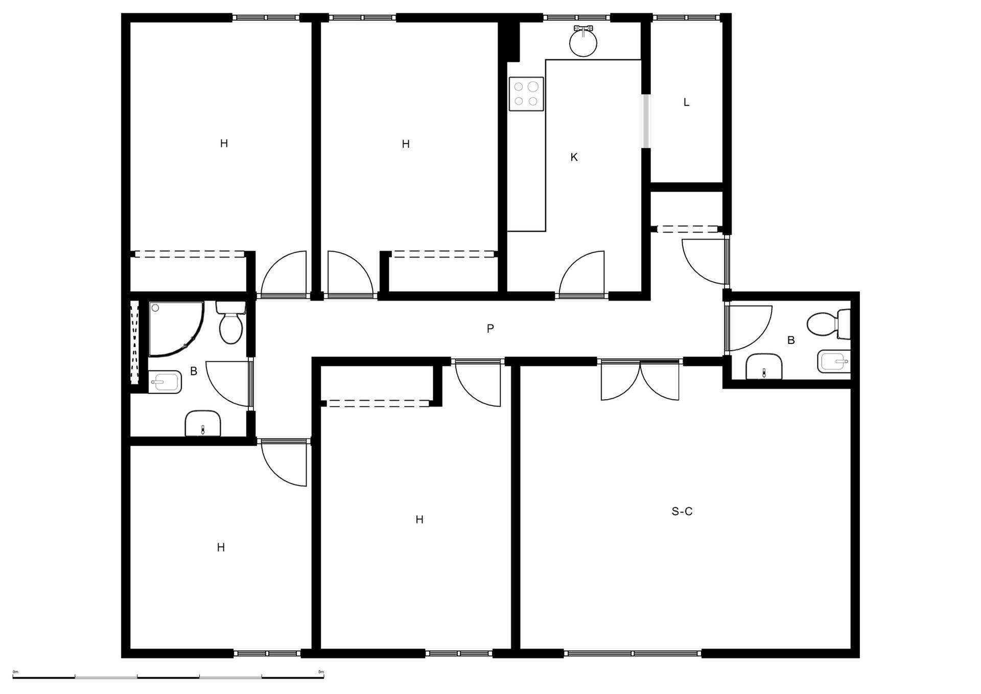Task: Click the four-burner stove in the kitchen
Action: click(x=526, y=94)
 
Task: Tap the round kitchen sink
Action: click(x=583, y=42)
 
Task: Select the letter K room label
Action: click(x=574, y=157)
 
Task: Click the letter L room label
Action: click(x=686, y=102)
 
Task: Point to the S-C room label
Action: click(x=682, y=512)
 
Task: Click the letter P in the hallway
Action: click(x=490, y=329)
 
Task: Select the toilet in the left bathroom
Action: click(x=231, y=322)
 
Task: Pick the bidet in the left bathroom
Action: click(x=165, y=382)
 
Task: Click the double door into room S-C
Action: click(x=640, y=380)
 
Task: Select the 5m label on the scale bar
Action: click(x=321, y=672)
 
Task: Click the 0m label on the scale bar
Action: click(x=15, y=672)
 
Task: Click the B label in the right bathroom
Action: click(x=791, y=340)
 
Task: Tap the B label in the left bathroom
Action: click(x=194, y=372)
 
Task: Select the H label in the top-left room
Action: click(x=224, y=144)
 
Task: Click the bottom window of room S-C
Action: click(x=633, y=653)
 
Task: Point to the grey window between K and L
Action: click(x=646, y=121)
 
